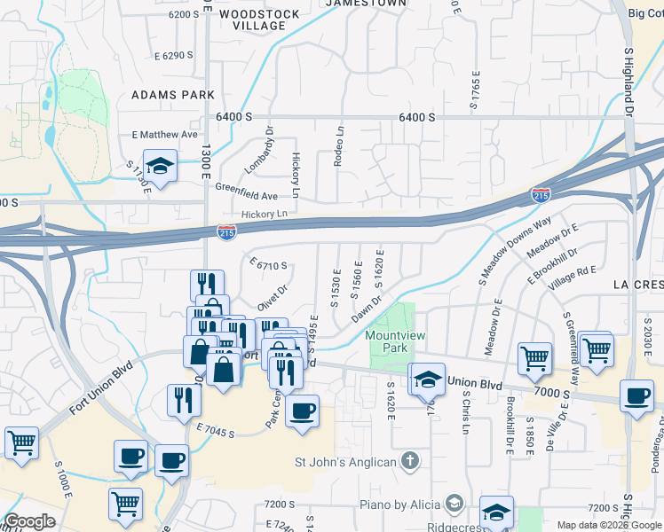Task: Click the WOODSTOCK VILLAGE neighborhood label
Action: tap(252, 20)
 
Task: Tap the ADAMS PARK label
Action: tap(173, 94)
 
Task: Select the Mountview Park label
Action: tap(391, 342)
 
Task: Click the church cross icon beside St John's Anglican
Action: tap(409, 460)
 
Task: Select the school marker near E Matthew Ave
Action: tap(160, 166)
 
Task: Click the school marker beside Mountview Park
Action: tap(428, 379)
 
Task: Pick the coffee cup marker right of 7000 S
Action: tap(636, 395)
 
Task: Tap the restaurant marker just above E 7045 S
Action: tap(184, 399)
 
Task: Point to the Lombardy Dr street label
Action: tap(268, 144)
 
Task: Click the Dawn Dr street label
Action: tap(366, 309)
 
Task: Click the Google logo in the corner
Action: tap(29, 522)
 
